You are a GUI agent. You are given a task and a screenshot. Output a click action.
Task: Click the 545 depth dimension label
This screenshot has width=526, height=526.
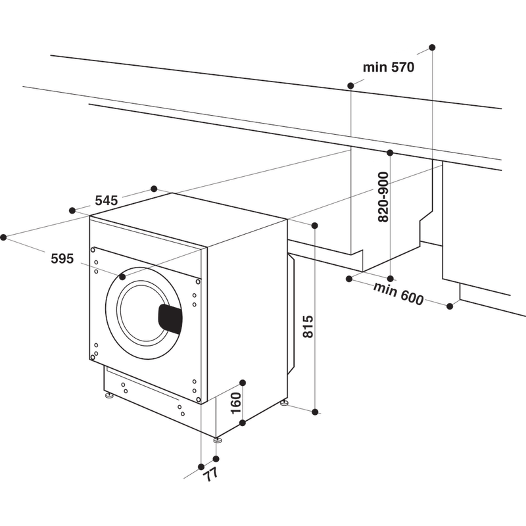point(106,201)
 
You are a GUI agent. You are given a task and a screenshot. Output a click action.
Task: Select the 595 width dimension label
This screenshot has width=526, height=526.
point(62,258)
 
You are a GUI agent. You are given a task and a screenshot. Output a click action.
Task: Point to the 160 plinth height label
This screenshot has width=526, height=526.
point(237,403)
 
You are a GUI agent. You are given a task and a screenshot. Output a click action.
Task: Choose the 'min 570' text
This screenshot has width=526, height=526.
point(389,67)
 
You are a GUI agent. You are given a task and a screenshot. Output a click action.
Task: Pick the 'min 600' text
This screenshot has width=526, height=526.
point(399,294)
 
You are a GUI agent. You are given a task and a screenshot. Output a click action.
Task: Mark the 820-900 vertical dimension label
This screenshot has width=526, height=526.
point(383,197)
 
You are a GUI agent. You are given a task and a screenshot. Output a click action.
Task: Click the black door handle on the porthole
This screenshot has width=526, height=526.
point(170,319)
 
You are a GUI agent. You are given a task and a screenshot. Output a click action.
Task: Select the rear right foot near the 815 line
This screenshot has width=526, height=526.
point(285,402)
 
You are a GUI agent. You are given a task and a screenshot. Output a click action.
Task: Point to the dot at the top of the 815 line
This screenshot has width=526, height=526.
point(315,226)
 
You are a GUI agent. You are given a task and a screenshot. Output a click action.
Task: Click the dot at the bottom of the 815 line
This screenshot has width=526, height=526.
point(315,412)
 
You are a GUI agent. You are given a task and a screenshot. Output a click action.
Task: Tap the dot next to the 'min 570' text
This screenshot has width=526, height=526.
point(350,85)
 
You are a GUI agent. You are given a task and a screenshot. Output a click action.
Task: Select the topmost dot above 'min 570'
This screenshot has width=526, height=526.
point(432,47)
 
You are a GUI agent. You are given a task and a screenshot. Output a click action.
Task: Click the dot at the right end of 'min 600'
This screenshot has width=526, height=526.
point(450,306)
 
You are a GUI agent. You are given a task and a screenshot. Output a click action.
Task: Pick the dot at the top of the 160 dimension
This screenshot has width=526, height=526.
point(243,383)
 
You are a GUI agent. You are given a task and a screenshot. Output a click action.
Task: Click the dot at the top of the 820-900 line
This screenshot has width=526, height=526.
point(390,153)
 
